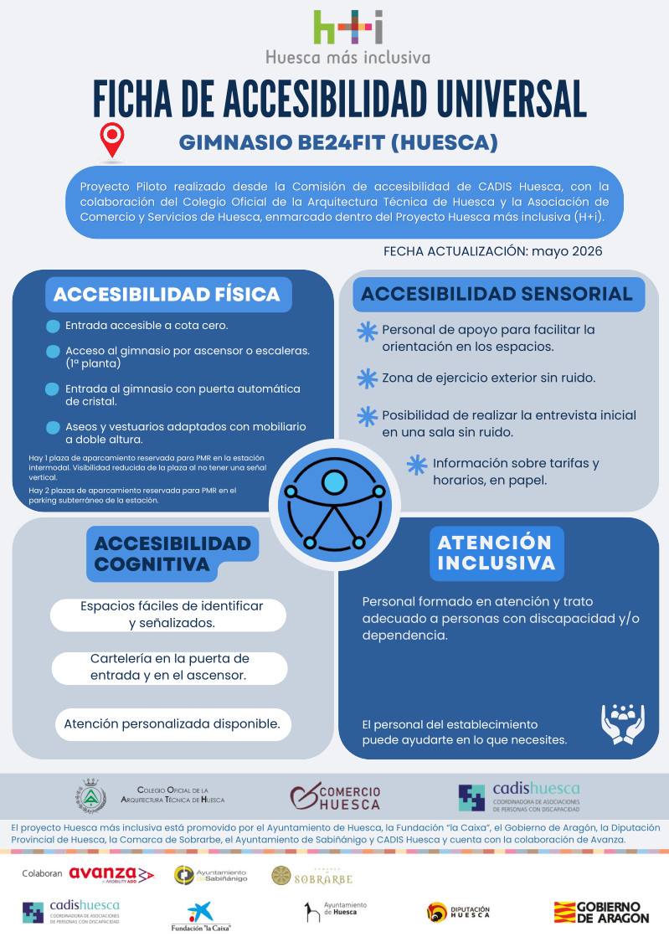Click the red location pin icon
pos(112,140)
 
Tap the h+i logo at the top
pos(348,27)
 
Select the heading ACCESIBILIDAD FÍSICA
pos(167,294)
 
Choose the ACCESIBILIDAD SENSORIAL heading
pos(497,294)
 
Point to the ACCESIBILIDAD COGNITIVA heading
pos(172,553)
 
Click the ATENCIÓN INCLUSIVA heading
pos(497,553)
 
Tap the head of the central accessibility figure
pos(334,482)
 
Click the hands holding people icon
pos(623,723)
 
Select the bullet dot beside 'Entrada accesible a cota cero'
pos(53,327)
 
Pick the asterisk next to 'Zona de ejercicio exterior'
pos(367,378)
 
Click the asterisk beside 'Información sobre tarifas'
pos(417,465)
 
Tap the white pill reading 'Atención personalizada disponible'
pos(172,724)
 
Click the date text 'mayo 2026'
pos(567,251)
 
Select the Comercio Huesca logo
pos(335,797)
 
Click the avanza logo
pos(111,874)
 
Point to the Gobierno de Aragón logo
pos(601,913)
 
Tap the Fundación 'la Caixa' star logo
pos(201,915)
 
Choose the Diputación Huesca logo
pos(458,912)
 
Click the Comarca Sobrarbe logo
pos(311,876)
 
